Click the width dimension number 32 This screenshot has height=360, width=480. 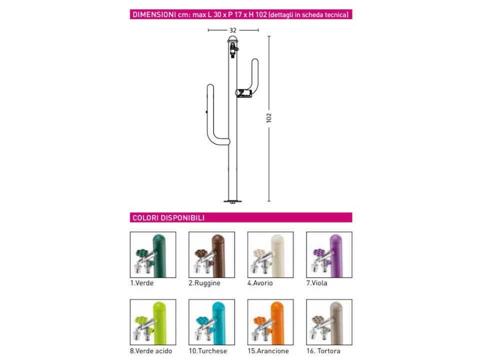pyautogui.click(x=233, y=30)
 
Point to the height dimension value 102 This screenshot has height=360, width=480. pyautogui.click(x=269, y=118)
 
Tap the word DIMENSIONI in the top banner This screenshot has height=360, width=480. pyautogui.click(x=154, y=14)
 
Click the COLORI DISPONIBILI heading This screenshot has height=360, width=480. pyautogui.click(x=168, y=217)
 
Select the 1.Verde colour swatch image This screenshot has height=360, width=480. pyautogui.click(x=153, y=254)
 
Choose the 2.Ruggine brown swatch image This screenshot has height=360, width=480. pyautogui.click(x=212, y=254)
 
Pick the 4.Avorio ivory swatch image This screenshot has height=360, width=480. pyautogui.click(x=270, y=254)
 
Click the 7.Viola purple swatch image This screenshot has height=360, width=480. pyautogui.click(x=329, y=254)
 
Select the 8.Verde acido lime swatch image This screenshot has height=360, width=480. pyautogui.click(x=153, y=322)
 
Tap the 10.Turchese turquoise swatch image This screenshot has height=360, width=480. pyautogui.click(x=212, y=322)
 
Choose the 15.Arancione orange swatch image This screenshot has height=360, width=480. pyautogui.click(x=270, y=322)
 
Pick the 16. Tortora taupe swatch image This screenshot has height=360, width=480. pyautogui.click(x=329, y=322)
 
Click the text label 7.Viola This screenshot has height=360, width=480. pyautogui.click(x=317, y=283)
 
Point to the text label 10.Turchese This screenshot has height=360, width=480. pyautogui.click(x=208, y=351)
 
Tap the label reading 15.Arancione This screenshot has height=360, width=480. pyautogui.click(x=268, y=351)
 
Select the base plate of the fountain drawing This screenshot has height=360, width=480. pyautogui.click(x=232, y=201)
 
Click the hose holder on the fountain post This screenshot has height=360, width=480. pyautogui.click(x=243, y=93)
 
